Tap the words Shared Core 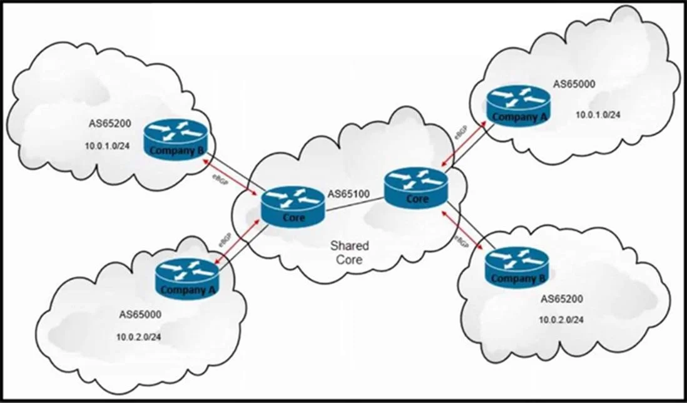349,252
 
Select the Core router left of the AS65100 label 293,207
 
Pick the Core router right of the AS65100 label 416,188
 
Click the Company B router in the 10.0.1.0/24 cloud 175,140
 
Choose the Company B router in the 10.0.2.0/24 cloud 517,268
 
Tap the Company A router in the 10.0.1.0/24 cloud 519,106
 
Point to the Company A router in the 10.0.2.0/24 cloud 187,279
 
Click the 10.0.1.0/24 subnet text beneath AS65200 108,146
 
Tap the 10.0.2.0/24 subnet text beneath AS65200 561,320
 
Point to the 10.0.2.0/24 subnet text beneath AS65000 138,337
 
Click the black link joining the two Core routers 355,205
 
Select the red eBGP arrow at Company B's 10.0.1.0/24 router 230,178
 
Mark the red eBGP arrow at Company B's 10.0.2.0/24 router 464,231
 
